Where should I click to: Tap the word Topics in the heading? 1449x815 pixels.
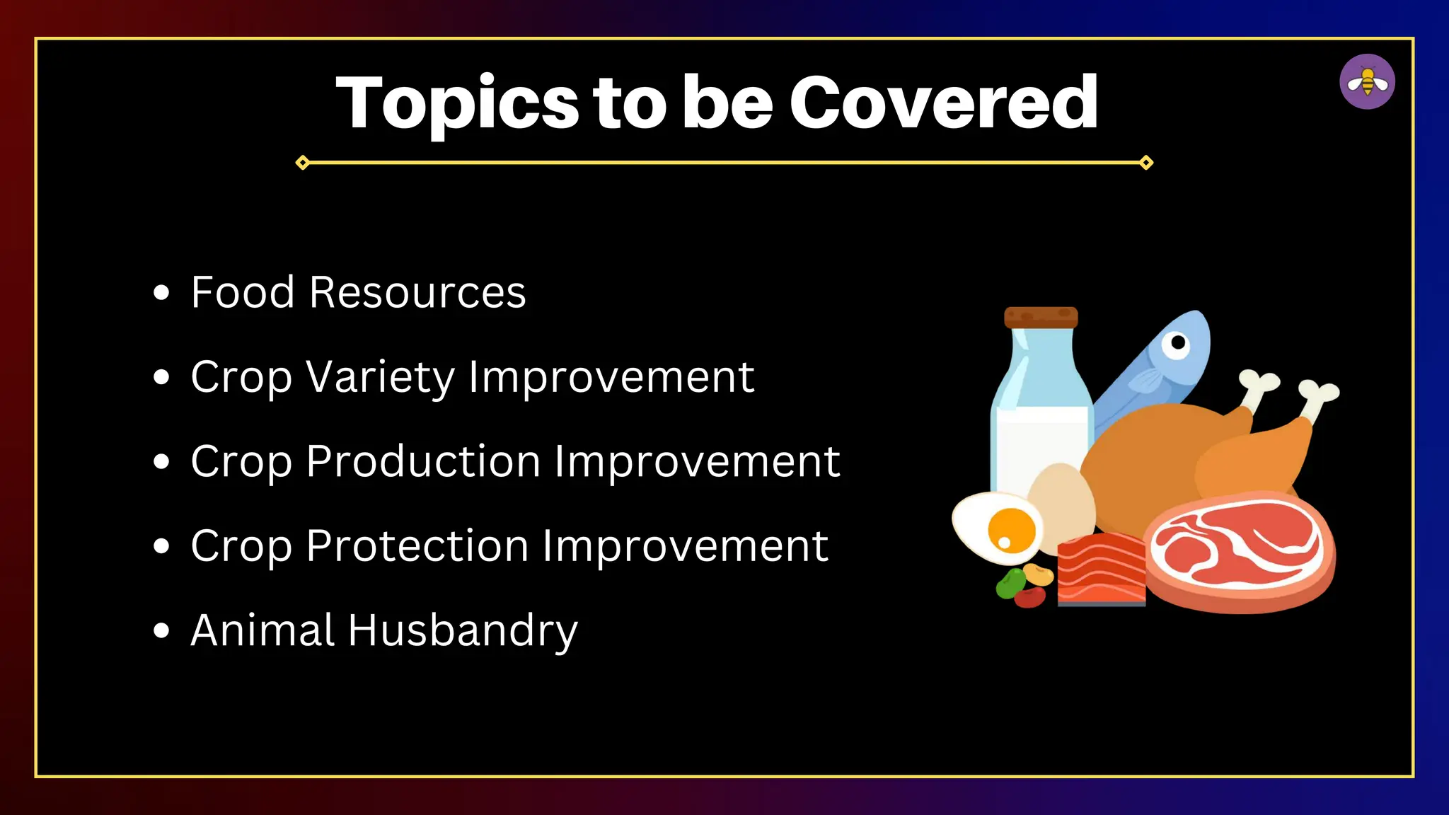(457, 105)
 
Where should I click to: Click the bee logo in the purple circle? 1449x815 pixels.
(1367, 82)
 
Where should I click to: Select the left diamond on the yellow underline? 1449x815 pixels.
(302, 163)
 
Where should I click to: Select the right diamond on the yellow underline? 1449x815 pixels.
(1146, 163)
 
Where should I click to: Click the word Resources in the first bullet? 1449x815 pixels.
(417, 292)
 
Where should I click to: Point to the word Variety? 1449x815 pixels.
(381, 377)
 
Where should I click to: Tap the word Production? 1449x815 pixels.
(423, 462)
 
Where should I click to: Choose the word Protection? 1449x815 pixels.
(417, 546)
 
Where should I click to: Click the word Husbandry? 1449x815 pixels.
(463, 631)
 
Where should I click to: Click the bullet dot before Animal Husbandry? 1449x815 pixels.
(161, 630)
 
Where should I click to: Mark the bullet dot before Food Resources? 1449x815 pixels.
(161, 292)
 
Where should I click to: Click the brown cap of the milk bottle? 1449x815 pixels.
(1041, 317)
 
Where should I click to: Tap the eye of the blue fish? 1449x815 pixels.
(1178, 343)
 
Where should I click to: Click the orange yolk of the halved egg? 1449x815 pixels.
(1011, 530)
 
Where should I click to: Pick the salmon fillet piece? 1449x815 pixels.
(1101, 570)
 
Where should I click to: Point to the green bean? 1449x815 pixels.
(1010, 583)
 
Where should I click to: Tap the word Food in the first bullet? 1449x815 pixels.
(243, 292)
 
